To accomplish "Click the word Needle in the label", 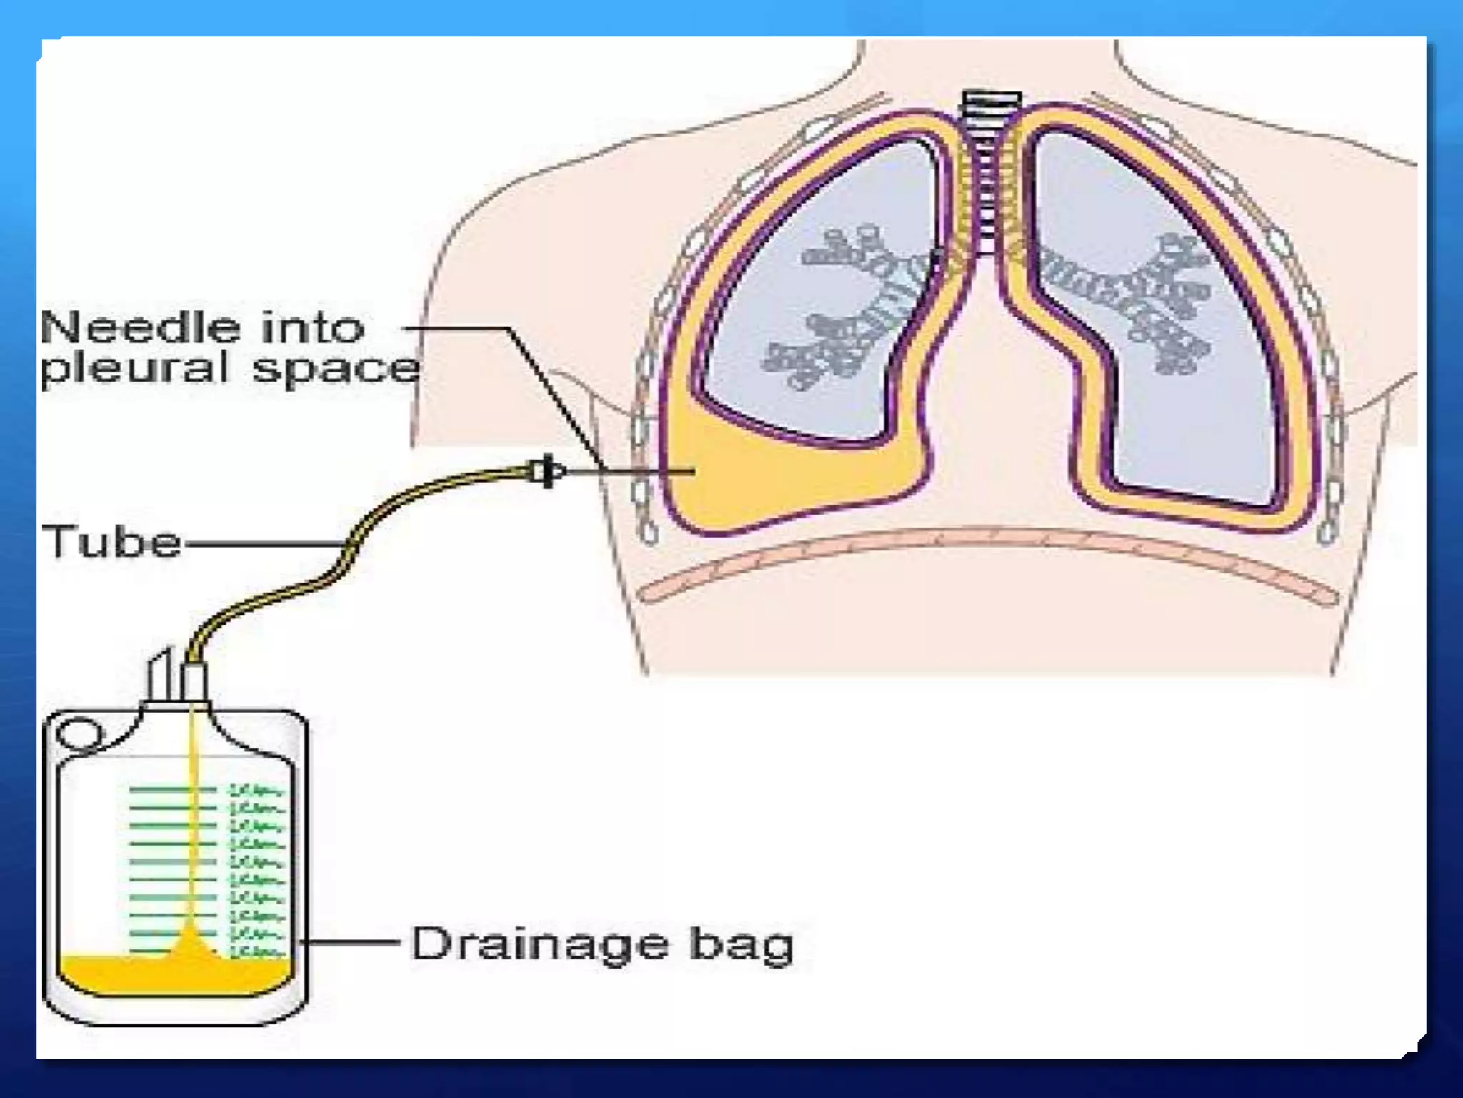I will click(x=140, y=328).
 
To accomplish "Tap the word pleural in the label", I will click(x=135, y=370).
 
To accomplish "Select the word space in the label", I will click(x=336, y=370).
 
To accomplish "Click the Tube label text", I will click(x=112, y=541).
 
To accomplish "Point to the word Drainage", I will click(x=540, y=944).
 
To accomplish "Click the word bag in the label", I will click(x=741, y=946).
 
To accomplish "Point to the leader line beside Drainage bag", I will click(x=350, y=943).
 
